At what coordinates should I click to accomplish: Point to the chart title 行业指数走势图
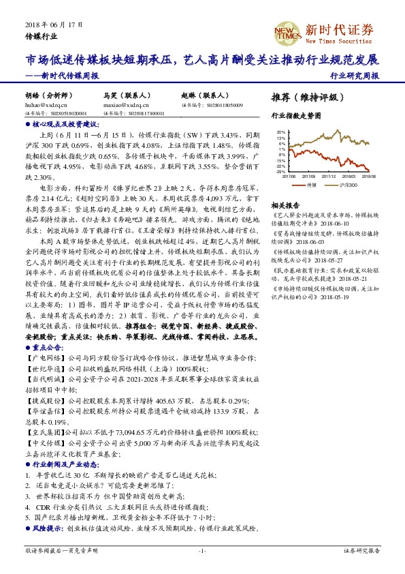pyautogui.click(x=295, y=117)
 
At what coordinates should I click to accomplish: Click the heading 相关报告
pyautogui.click(x=285, y=205)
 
